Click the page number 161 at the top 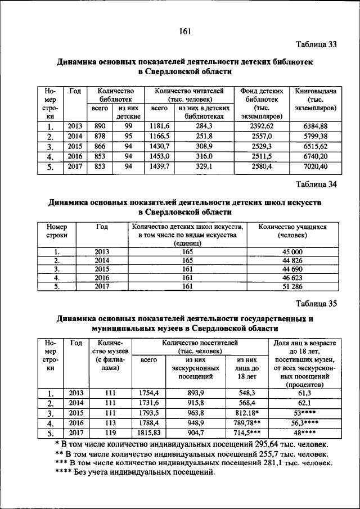185,31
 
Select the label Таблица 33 316,45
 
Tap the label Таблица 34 316,184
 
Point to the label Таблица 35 316,304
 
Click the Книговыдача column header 315,90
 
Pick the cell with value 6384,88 315,127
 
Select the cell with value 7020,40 315,166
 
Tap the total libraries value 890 100,127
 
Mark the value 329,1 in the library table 204,166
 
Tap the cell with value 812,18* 247,413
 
